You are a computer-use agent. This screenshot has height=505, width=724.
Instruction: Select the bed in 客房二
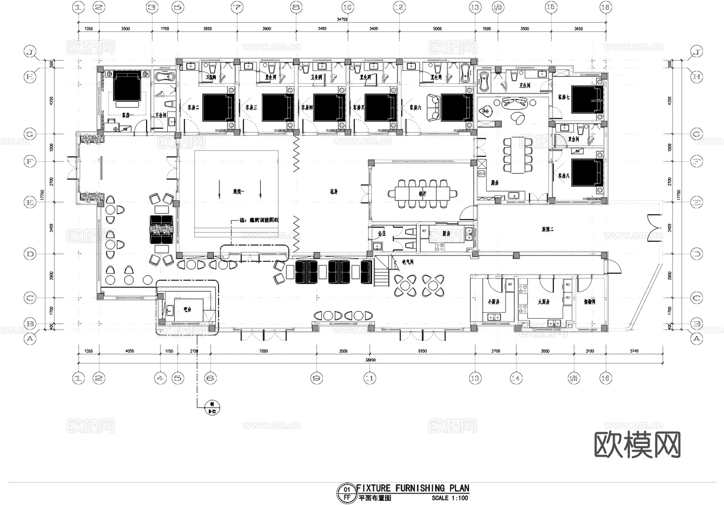[218, 107]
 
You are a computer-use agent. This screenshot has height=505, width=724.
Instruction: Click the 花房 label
[333, 192]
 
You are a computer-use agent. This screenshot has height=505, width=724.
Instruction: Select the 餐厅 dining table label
[422, 194]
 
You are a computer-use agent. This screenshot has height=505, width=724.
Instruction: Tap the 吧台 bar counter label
[187, 309]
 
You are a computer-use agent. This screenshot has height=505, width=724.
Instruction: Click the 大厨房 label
[543, 301]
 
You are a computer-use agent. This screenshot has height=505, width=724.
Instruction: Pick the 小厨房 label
[493, 301]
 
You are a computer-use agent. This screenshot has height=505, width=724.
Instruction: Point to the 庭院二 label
[547, 229]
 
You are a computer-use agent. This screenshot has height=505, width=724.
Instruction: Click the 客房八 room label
[563, 176]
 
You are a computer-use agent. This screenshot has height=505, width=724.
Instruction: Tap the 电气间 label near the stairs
[408, 262]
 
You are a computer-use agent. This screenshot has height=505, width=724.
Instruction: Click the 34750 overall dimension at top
[342, 19]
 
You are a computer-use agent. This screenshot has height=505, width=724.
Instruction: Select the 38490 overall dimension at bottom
[370, 360]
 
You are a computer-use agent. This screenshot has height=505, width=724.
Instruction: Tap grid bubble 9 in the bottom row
[317, 378]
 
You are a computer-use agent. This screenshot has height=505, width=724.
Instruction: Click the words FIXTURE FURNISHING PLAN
[413, 488]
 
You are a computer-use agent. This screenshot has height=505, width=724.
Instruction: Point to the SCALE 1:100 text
[450, 498]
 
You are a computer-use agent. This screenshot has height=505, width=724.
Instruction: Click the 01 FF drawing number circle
[347, 493]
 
